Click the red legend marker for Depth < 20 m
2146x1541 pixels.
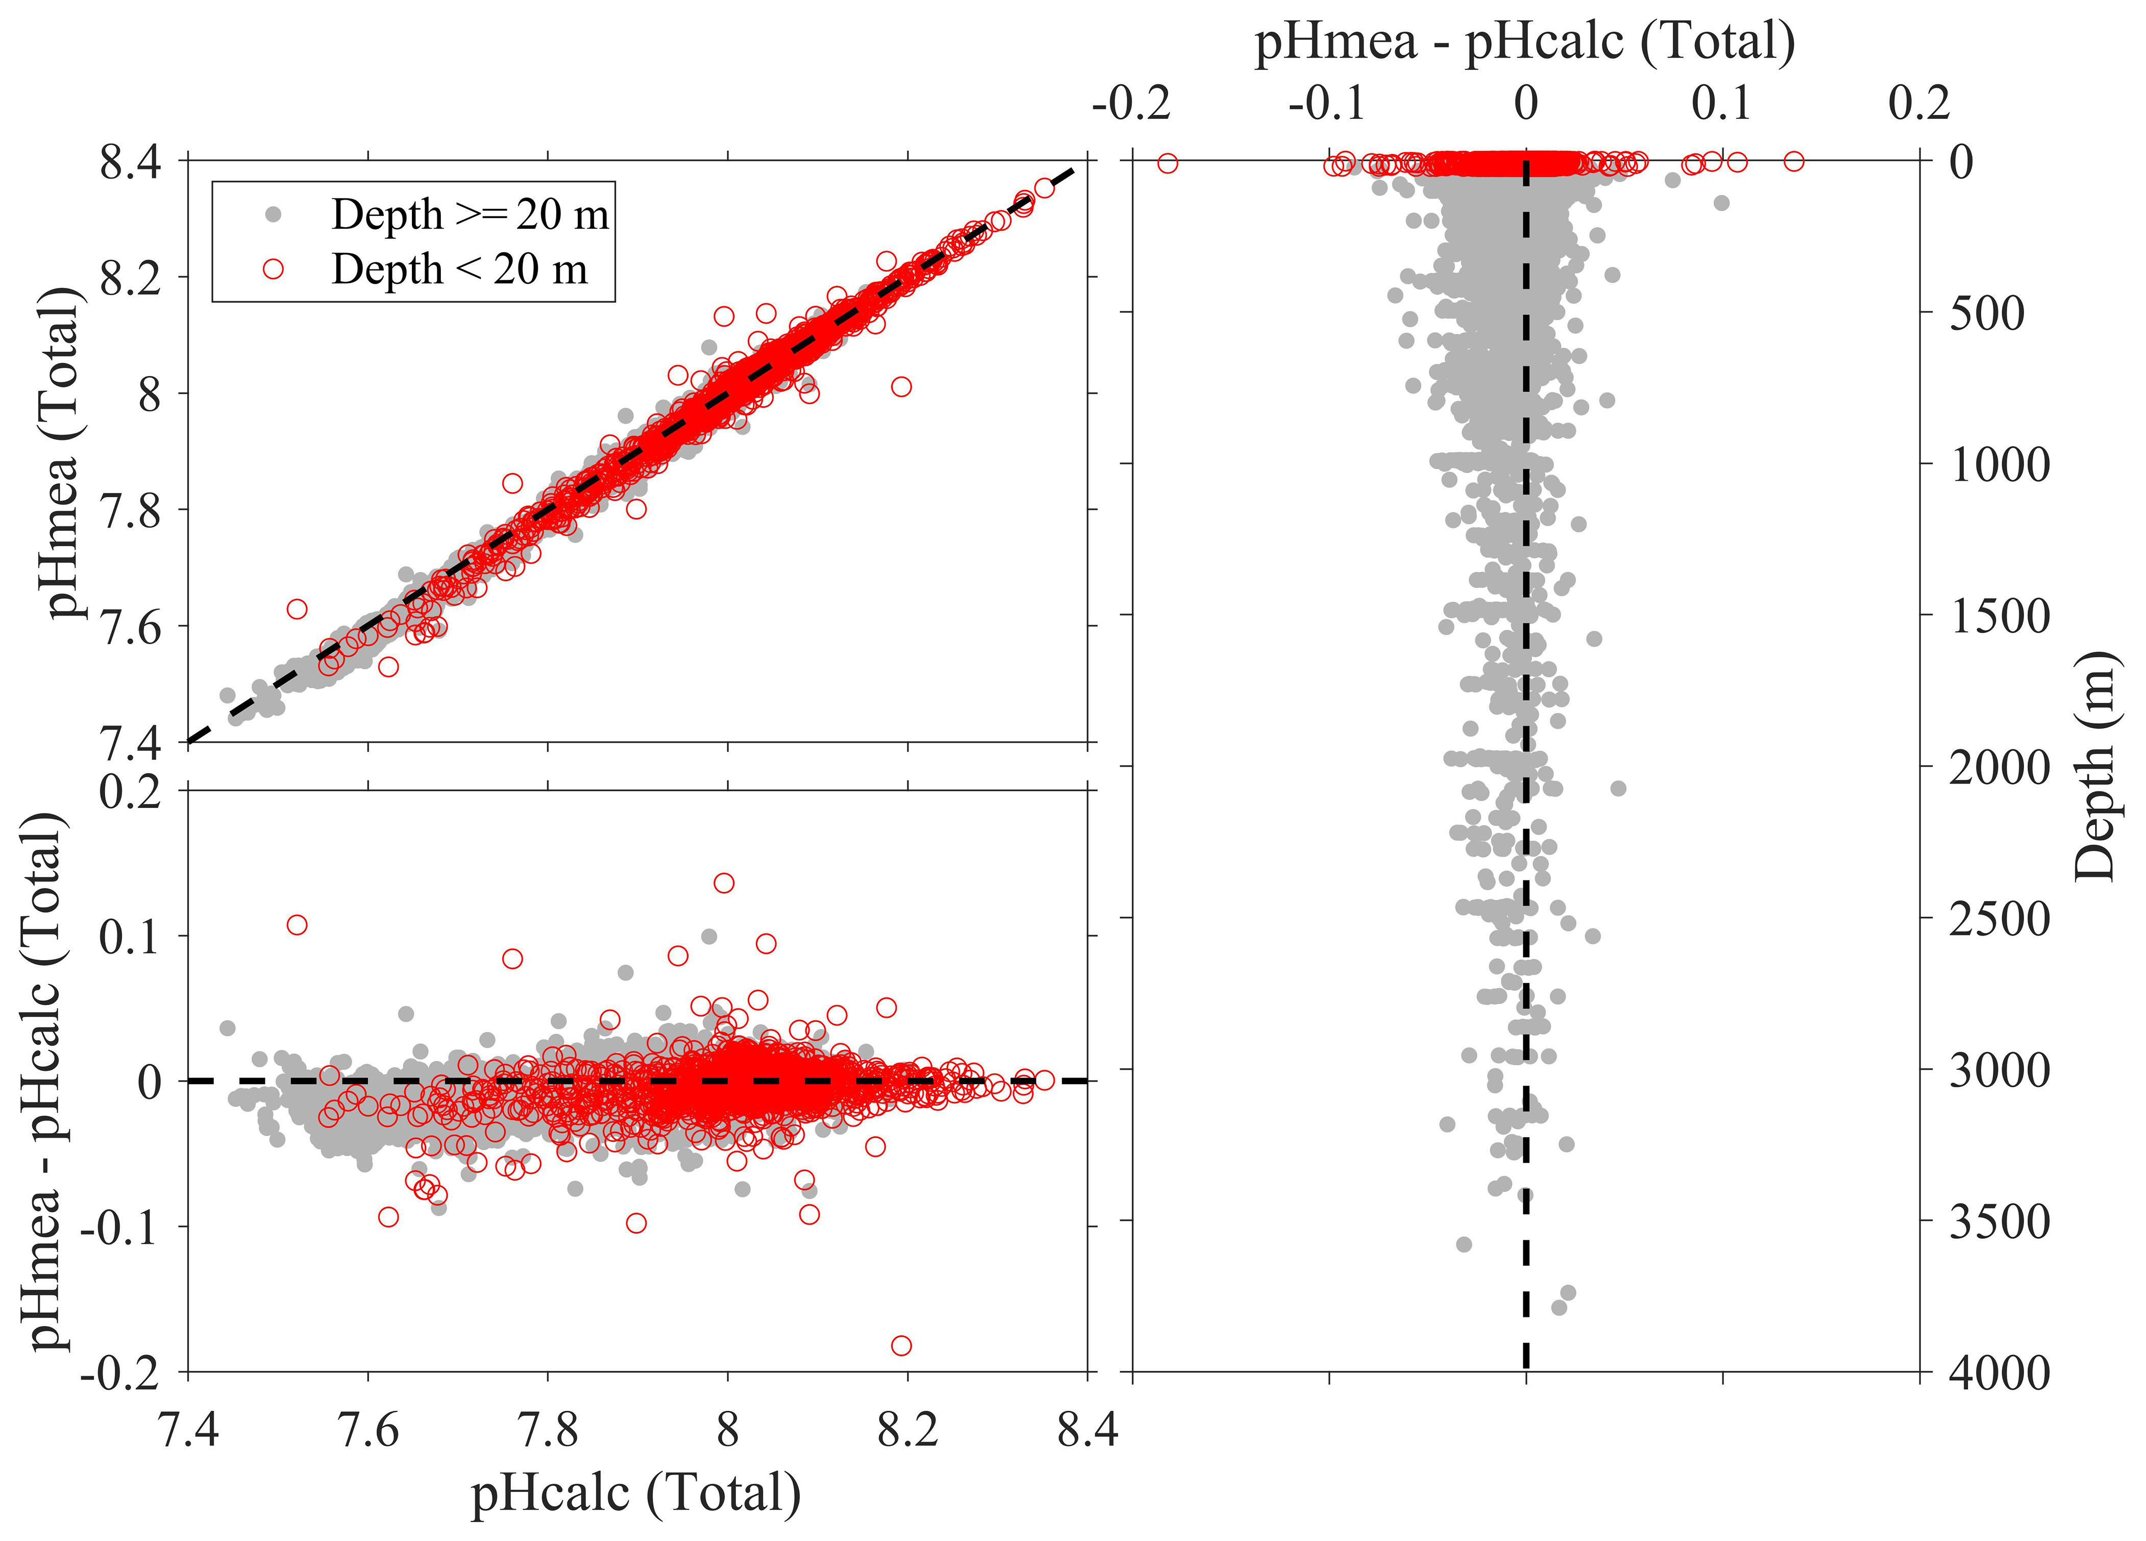(x=274, y=269)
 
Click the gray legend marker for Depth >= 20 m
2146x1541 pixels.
(x=274, y=215)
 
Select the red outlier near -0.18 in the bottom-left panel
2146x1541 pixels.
(x=901, y=1345)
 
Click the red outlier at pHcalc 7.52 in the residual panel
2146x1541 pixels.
(x=297, y=925)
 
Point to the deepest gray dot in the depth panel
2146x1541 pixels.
(x=1559, y=1307)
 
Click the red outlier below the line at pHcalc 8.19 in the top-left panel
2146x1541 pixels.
(x=901, y=386)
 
